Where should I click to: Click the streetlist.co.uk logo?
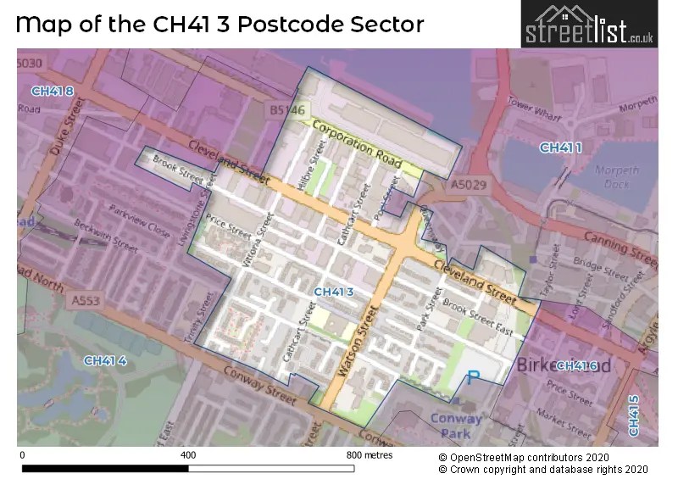[590, 24]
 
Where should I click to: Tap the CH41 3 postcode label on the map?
[333, 292]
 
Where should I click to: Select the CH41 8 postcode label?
[52, 91]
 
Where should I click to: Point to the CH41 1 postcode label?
[561, 148]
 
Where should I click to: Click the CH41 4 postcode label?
[105, 361]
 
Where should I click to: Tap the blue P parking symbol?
[474, 378]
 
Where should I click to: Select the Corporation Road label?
[355, 141]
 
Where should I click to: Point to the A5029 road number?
[469, 184]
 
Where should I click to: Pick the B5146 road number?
[287, 110]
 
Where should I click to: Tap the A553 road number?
[86, 299]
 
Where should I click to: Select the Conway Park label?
[456, 425]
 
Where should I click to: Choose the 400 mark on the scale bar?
[188, 455]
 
